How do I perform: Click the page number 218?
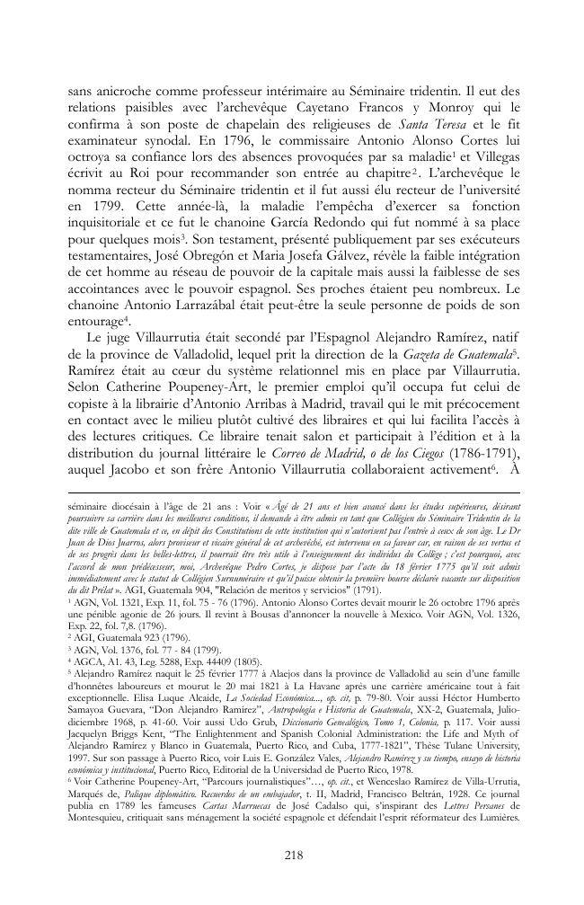291,855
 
